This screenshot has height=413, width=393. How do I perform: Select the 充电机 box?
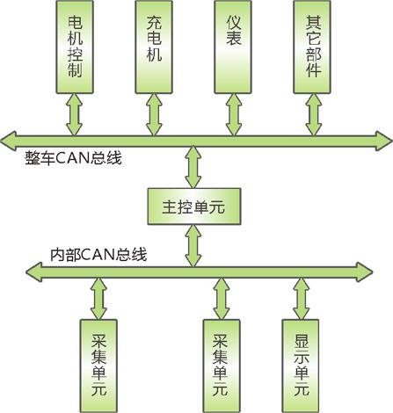(x=155, y=49)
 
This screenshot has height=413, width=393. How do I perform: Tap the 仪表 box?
(x=234, y=49)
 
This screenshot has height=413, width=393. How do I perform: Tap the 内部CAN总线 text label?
(x=98, y=255)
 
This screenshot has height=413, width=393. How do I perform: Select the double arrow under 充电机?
(x=155, y=114)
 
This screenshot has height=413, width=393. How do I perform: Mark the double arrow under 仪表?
(x=234, y=114)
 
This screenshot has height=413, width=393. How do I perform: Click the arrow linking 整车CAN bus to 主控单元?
(x=189, y=168)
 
